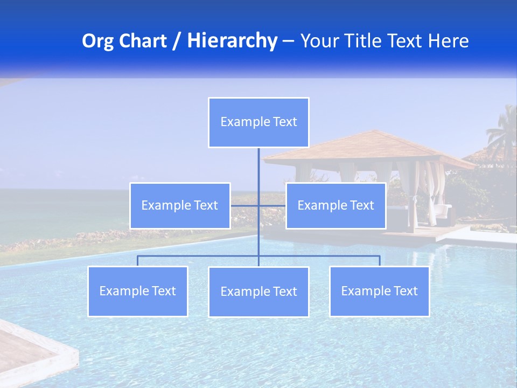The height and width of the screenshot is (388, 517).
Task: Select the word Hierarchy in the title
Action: click(x=232, y=41)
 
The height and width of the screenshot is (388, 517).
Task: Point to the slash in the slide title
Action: click(x=177, y=41)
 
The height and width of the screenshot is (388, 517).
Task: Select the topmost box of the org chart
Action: click(x=258, y=122)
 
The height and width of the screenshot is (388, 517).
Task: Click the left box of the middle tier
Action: click(x=180, y=205)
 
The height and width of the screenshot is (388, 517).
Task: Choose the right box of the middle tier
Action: click(x=336, y=205)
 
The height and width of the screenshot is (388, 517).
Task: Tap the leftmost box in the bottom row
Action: click(x=138, y=291)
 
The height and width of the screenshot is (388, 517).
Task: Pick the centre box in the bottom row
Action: click(x=258, y=292)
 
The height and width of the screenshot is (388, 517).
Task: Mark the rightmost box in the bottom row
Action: click(x=379, y=291)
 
